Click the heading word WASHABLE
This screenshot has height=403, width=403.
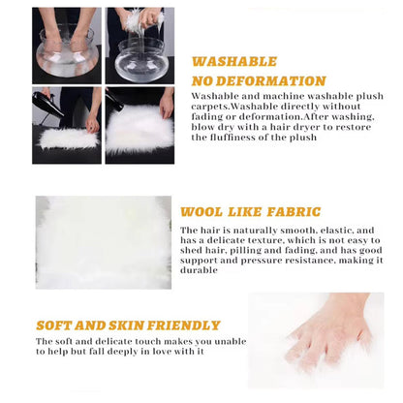pyautogui.click(x=234, y=61)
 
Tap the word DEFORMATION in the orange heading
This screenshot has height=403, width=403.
pyautogui.click(x=271, y=81)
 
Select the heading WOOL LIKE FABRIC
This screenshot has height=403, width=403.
pyautogui.click(x=251, y=212)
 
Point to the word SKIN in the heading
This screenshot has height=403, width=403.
pyautogui.click(x=126, y=325)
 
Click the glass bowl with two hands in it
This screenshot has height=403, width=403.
pyautogui.click(x=67, y=52)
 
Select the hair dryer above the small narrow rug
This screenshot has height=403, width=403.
pyautogui.click(x=47, y=104)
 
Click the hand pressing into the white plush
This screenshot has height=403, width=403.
pyautogui.click(x=329, y=332)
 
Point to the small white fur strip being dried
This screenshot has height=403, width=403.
pyautogui.click(x=69, y=139)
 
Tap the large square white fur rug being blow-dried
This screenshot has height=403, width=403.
pyautogui.click(x=139, y=130)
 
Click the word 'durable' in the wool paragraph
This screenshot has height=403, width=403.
pyautogui.click(x=199, y=270)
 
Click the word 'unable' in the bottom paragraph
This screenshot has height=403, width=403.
pyautogui.click(x=231, y=341)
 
